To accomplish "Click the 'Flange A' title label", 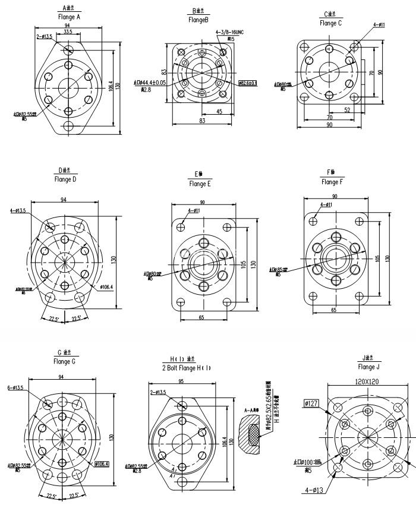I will point(70,17).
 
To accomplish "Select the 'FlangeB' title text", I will point(198,20).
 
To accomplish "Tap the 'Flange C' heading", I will point(330,23).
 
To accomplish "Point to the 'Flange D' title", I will point(65,179).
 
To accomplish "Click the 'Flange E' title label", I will point(200,184).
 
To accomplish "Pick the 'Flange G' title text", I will point(64,361).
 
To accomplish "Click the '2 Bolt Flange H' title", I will point(187,368).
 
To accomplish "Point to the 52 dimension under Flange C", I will point(346,109).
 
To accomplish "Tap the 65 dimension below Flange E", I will point(201,318).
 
